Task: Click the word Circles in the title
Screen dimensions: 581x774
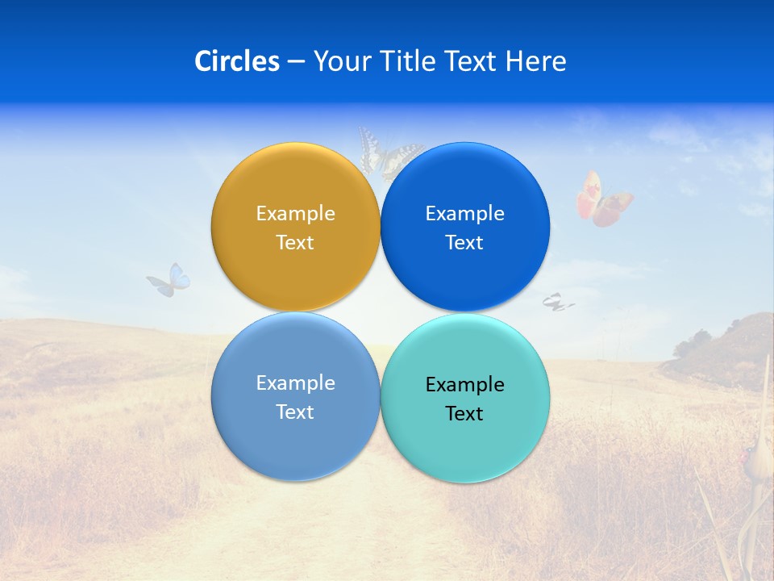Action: pyautogui.click(x=237, y=61)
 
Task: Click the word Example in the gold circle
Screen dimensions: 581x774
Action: pyautogui.click(x=295, y=214)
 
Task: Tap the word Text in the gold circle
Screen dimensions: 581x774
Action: pyautogui.click(x=295, y=243)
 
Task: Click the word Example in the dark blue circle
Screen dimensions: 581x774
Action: pyautogui.click(x=464, y=214)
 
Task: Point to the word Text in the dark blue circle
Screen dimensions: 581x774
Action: pyautogui.click(x=464, y=243)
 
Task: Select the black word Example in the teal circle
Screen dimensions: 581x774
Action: pyautogui.click(x=464, y=385)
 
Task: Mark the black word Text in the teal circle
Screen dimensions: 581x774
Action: pyautogui.click(x=464, y=414)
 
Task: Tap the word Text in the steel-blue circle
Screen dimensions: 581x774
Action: pyautogui.click(x=295, y=412)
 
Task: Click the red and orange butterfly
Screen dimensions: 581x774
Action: pyautogui.click(x=602, y=199)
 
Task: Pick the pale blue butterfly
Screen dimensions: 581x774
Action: pyautogui.click(x=170, y=280)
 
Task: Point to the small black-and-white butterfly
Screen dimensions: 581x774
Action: pyautogui.click(x=556, y=303)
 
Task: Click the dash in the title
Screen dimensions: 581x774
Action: pyautogui.click(x=296, y=62)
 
